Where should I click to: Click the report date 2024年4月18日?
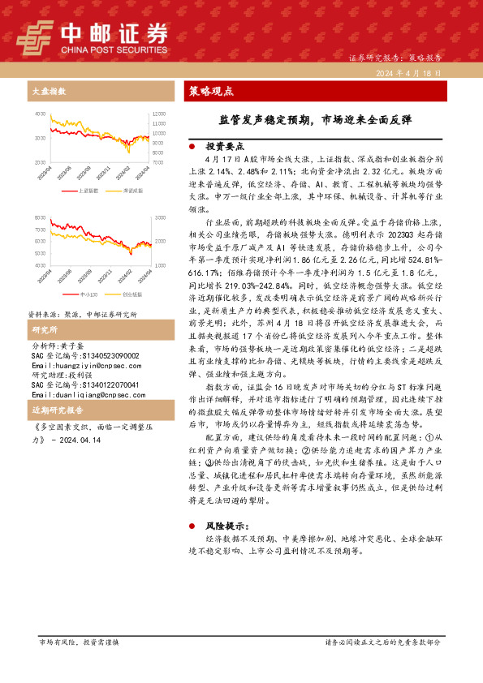click(408, 73)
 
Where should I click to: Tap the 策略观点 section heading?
click(211, 91)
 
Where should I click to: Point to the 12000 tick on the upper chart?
click(159, 114)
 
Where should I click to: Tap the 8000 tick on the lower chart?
click(40, 218)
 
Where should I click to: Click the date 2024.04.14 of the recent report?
click(82, 440)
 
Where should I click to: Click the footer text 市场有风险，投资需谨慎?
click(78, 641)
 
